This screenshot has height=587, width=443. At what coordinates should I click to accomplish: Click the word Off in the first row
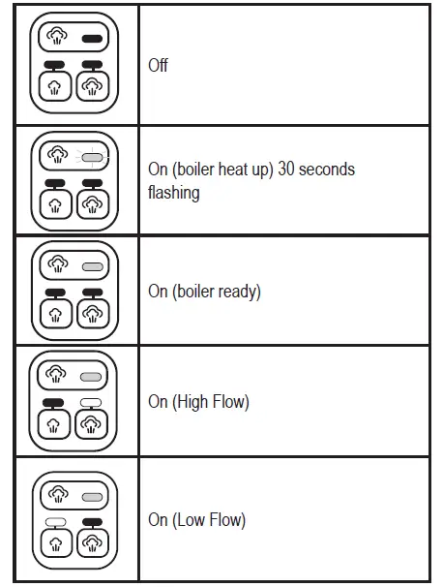click(159, 66)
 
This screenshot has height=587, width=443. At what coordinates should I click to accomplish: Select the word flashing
click(174, 192)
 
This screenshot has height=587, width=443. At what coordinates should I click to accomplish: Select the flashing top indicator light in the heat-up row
click(93, 156)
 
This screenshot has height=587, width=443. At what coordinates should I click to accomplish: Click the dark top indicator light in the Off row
click(93, 39)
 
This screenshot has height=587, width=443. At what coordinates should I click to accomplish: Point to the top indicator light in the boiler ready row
click(93, 264)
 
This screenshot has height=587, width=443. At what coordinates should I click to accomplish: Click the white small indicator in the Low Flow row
click(56, 521)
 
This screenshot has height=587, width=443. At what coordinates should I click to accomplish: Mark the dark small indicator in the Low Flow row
click(93, 521)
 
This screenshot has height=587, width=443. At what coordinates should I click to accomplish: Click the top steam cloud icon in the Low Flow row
click(58, 494)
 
